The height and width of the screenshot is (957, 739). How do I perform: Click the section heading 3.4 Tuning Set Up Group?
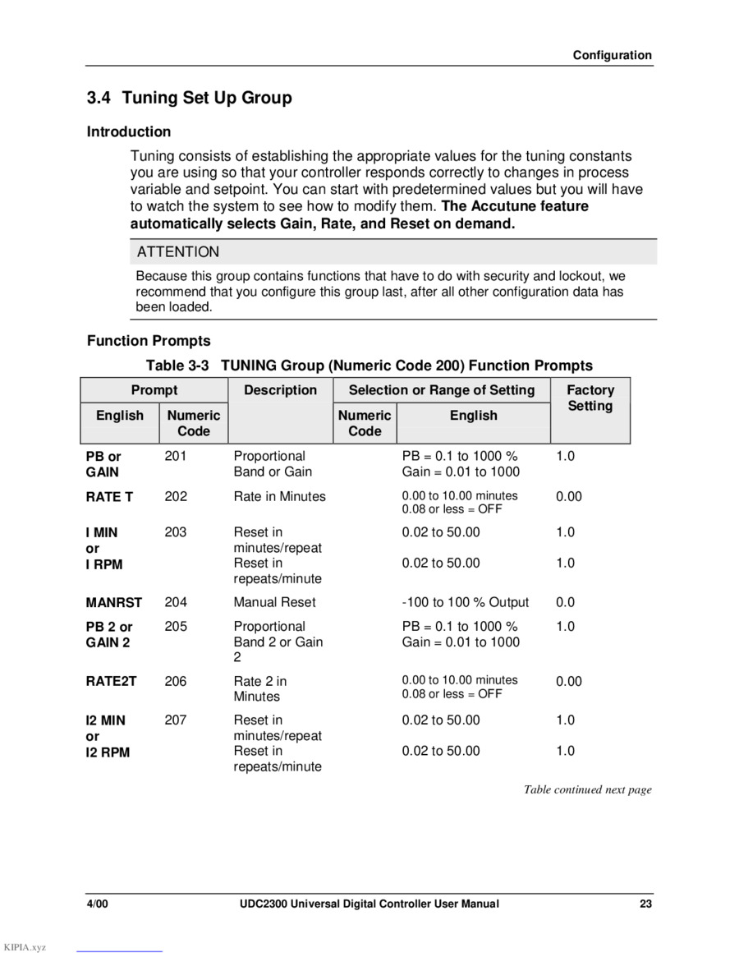tap(190, 98)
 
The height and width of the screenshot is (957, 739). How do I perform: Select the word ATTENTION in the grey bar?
tap(178, 252)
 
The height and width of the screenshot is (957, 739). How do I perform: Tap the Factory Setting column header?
tap(590, 398)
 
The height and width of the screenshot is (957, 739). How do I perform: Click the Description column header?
tap(280, 390)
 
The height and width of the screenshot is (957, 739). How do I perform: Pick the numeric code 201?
tap(176, 456)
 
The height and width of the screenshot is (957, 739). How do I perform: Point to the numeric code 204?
tap(176, 602)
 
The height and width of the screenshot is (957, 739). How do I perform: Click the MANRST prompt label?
tap(114, 603)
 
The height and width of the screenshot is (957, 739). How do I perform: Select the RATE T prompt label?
tap(109, 497)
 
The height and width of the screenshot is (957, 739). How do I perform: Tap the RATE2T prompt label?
tap(112, 681)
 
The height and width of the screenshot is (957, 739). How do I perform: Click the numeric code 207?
tap(176, 720)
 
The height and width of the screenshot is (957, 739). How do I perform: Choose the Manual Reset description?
tap(274, 602)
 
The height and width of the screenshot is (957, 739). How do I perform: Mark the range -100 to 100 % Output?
tap(466, 602)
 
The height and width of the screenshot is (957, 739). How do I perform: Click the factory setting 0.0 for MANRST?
tap(566, 602)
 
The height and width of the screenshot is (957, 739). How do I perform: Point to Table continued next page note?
tap(588, 789)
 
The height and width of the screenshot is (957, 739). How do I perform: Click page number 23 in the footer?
tap(646, 904)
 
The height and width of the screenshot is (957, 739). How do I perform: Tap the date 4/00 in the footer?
tap(98, 904)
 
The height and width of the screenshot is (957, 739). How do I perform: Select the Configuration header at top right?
tap(613, 56)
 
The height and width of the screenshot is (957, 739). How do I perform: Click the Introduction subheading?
tap(129, 131)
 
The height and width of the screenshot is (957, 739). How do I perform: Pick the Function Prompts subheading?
tap(149, 341)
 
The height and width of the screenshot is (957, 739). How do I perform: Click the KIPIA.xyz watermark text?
tap(25, 947)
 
